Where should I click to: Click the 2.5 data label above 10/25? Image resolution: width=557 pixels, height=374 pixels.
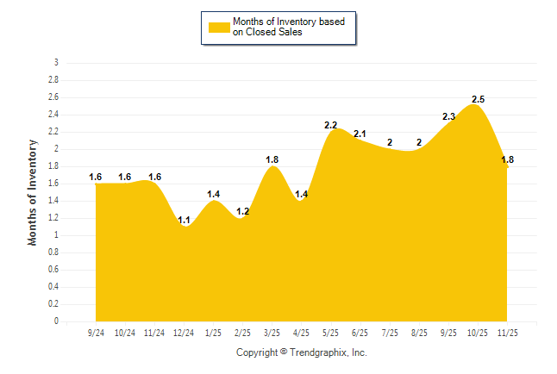[x=478, y=100]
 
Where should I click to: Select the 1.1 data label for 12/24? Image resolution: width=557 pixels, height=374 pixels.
[x=184, y=220]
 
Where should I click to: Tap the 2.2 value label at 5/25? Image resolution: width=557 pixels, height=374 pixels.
[x=330, y=126]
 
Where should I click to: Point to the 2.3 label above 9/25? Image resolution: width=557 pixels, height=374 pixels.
[x=448, y=117]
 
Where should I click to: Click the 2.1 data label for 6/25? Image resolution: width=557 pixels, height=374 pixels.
[x=360, y=134]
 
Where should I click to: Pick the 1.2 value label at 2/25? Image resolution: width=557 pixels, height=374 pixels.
[x=242, y=211]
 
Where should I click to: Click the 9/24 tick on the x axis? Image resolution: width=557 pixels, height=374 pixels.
[x=95, y=331]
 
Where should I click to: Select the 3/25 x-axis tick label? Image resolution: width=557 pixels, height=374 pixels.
[x=272, y=331]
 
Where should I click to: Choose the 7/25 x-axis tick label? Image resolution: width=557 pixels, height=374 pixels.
[x=389, y=331]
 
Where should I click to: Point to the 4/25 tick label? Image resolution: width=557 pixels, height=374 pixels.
[x=301, y=331]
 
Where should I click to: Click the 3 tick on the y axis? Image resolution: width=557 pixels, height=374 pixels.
[x=57, y=63]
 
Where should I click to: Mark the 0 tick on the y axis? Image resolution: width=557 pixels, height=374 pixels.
[x=57, y=321]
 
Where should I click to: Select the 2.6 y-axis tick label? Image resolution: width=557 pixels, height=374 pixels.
[x=54, y=97]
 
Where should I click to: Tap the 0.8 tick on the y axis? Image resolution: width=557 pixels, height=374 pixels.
[x=54, y=252]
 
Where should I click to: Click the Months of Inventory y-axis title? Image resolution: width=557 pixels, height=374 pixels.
[x=33, y=192]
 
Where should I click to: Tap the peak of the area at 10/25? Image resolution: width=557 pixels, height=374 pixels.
[x=475, y=106]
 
